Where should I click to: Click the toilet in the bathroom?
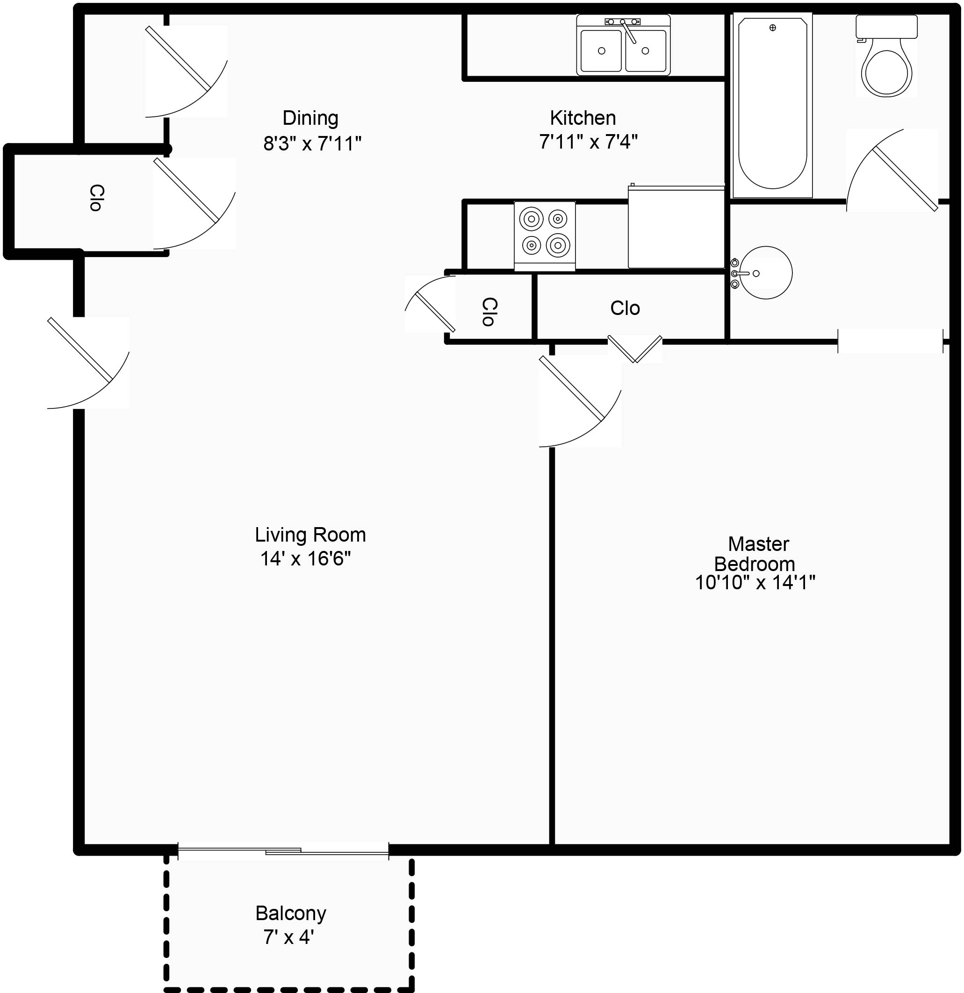tap(886, 56)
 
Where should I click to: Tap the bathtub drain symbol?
tap(772, 28)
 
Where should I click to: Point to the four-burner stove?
tap(545, 236)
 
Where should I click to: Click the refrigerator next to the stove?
tap(676, 227)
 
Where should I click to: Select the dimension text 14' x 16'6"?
tap(306, 558)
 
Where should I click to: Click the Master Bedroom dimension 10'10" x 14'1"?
tap(755, 583)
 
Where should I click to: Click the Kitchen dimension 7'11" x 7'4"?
tap(589, 142)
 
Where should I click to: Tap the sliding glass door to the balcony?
tap(283, 851)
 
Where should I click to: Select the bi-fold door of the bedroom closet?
tap(635, 350)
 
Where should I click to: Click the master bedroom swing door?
tap(580, 401)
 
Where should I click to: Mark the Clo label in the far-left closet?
tap(96, 198)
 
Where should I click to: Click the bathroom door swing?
tap(892, 170)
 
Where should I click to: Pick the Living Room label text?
tap(310, 535)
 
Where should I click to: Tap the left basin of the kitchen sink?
tap(601, 50)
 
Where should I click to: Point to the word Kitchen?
tap(583, 118)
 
